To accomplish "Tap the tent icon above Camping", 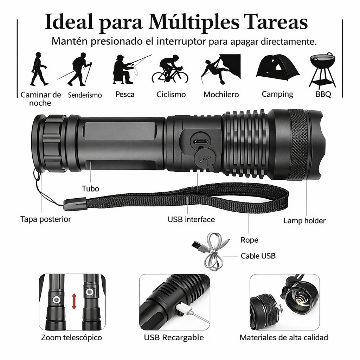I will coord(277,67).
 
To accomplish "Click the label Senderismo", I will coord(85,95).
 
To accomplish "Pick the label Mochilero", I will coord(221,95).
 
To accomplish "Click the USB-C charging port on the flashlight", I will coord(200,142).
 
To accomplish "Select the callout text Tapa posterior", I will coord(46,219).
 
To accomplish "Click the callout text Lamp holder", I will coord(304,221).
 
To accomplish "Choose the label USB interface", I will coord(191,219).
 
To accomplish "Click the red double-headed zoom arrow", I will coord(74,302).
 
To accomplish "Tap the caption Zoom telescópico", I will coord(71,338).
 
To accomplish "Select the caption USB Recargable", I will coord(174,338).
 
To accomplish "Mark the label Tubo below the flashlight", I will coord(90,188).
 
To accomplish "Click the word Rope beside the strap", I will coord(249,240).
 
